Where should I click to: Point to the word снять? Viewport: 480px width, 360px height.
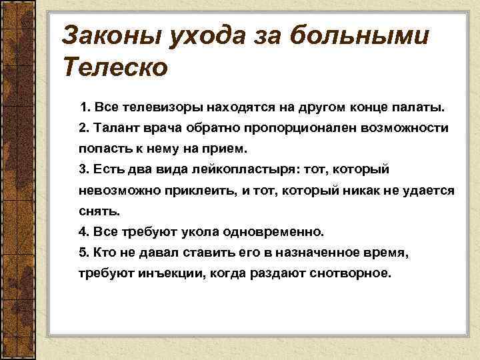(95, 211)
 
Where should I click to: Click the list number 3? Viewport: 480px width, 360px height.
(82, 169)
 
